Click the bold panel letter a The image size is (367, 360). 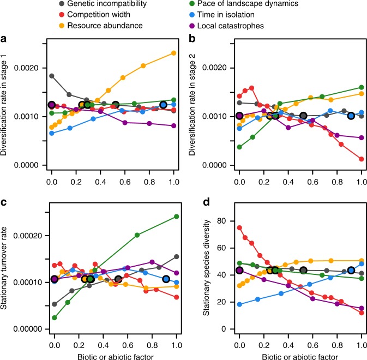coord(4,40)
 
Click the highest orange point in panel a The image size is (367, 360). coord(173,53)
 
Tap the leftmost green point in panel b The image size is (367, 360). coord(239,147)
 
